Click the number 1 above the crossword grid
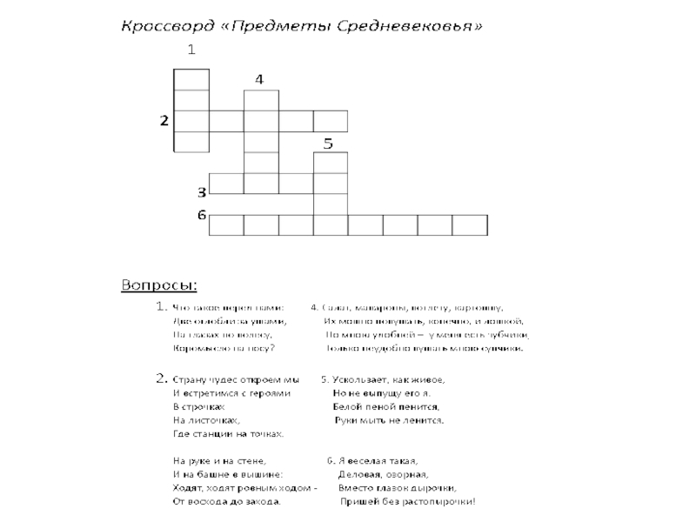coord(190,50)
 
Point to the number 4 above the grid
coord(259,79)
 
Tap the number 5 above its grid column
coord(328,143)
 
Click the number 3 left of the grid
coord(200,191)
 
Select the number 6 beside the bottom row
coord(200,215)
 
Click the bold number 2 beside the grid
coord(163,121)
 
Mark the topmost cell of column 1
coord(191,79)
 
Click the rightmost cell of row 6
coord(470,224)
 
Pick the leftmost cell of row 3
coord(226,184)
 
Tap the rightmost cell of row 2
coord(331,121)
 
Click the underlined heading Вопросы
coord(158,284)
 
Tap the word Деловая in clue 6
coord(361,475)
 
